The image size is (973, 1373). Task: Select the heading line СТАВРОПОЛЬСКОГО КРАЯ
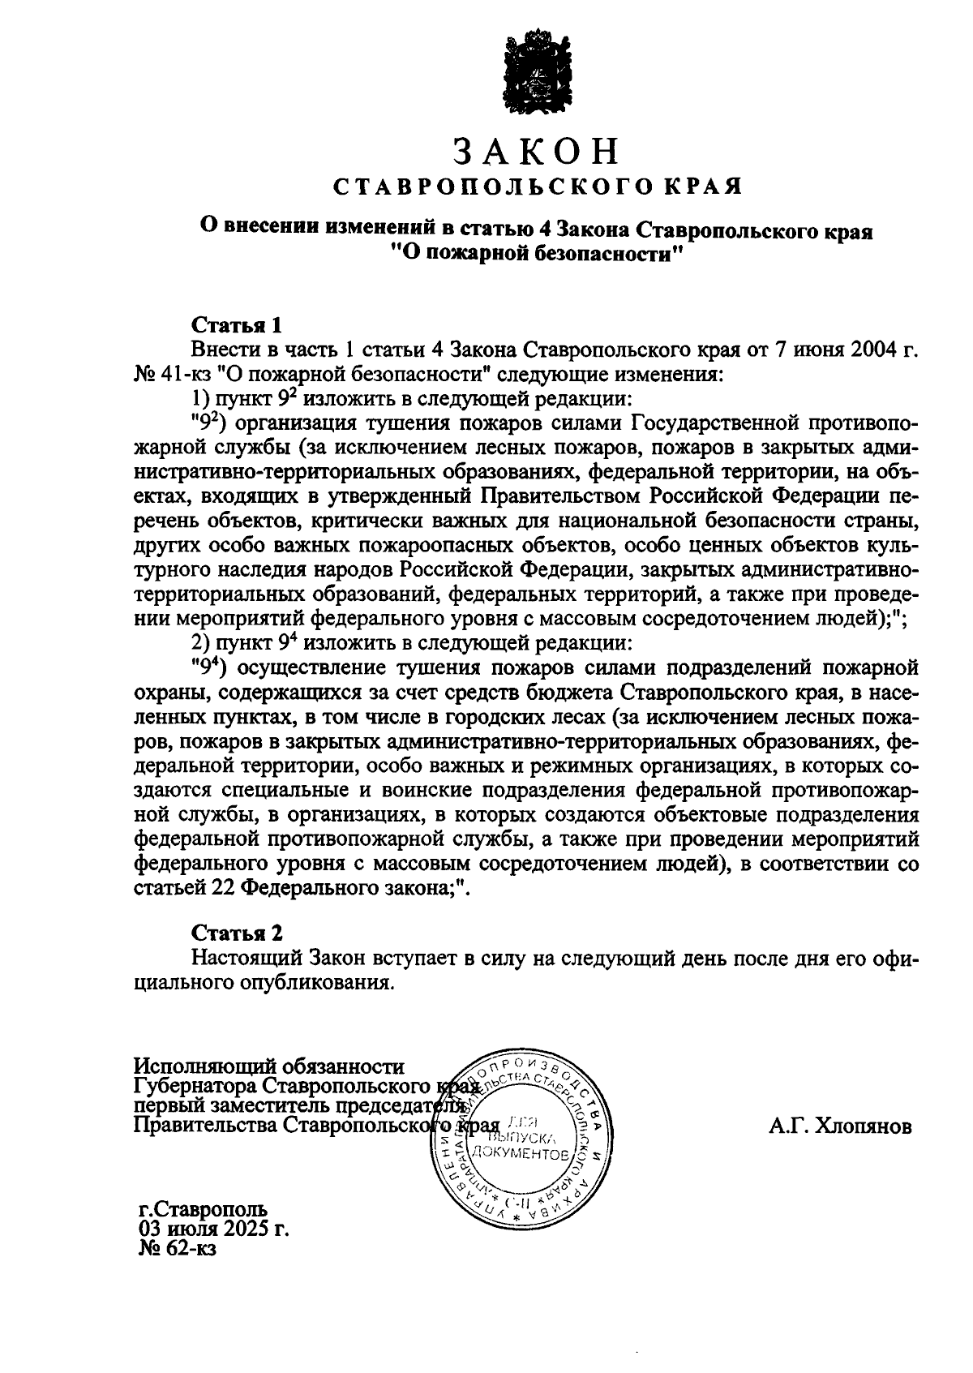[x=538, y=187]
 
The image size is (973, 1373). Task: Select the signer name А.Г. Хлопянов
[x=841, y=1126]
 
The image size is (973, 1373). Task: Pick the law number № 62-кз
[x=178, y=1250]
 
